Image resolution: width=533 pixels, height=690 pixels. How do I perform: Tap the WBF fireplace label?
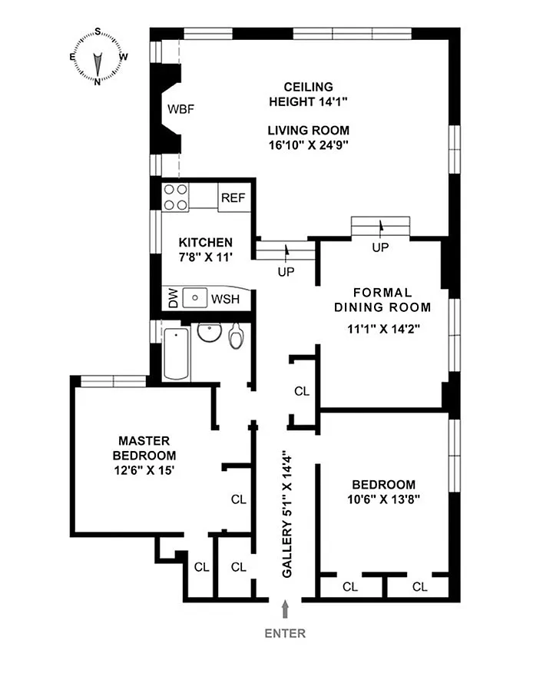(182, 109)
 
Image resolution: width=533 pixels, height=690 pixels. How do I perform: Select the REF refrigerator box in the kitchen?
(233, 197)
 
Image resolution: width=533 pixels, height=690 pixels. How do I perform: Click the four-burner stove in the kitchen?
(176, 197)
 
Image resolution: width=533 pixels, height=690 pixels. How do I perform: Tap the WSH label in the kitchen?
(226, 298)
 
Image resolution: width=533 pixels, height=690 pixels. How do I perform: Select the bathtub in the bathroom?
(177, 353)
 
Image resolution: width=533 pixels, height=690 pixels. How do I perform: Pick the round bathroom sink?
(207, 333)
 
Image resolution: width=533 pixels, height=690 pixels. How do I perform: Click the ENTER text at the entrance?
(285, 634)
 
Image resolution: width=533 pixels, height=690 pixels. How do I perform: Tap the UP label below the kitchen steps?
(286, 271)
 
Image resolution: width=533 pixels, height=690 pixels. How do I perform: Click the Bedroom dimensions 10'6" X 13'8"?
(383, 499)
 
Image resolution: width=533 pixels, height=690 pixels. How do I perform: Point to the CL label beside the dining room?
(302, 391)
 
